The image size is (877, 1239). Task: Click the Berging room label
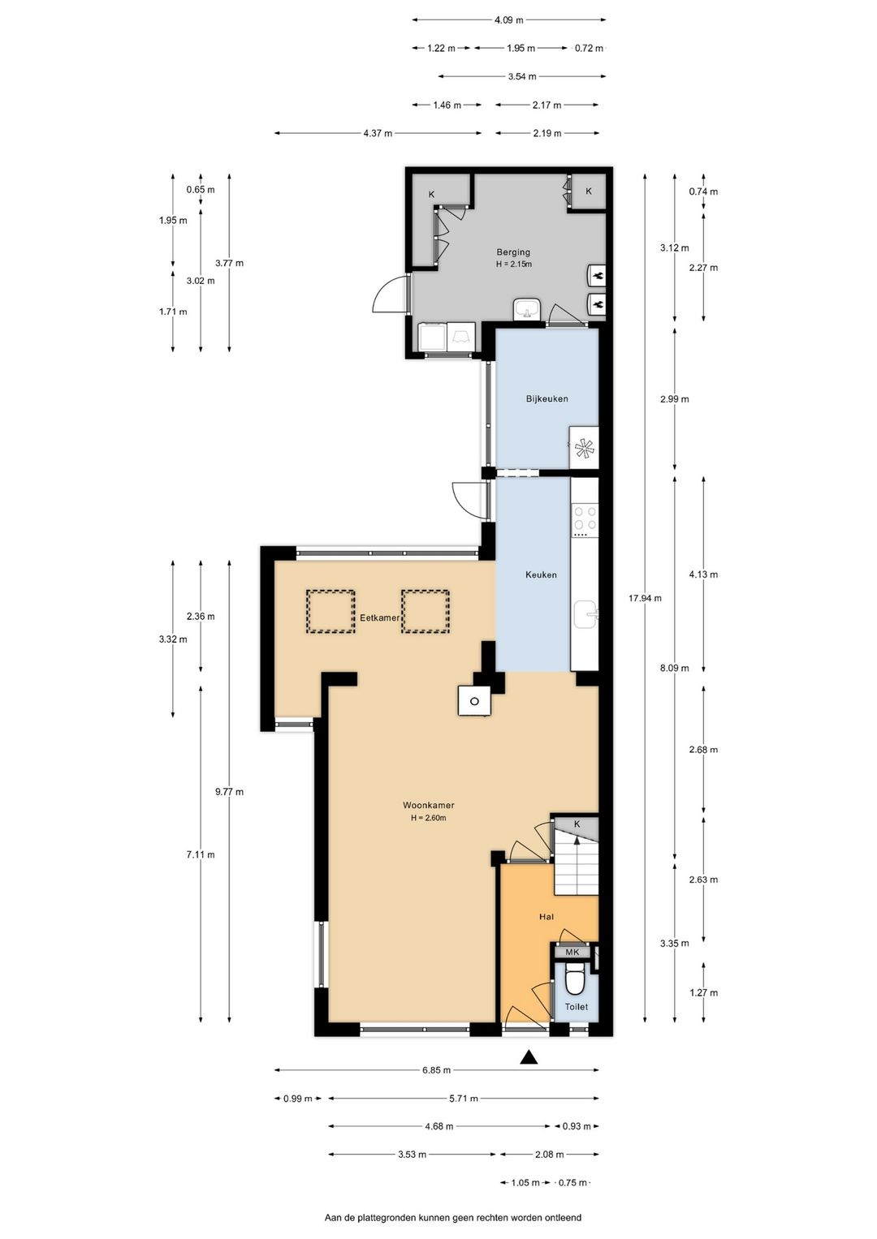(512, 252)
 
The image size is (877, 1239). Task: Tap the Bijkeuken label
(547, 398)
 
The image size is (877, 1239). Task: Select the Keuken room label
(541, 574)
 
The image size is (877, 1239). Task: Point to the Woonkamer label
(429, 806)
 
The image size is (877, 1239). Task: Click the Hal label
(547, 917)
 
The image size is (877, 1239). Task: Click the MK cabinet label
(572, 952)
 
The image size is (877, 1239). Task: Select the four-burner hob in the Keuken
(585, 518)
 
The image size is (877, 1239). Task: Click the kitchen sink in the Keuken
(585, 614)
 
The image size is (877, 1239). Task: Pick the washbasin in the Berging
(527, 308)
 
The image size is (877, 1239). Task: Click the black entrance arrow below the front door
(529, 1056)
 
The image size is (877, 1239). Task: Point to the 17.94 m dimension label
(645, 598)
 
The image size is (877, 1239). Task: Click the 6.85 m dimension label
(436, 1070)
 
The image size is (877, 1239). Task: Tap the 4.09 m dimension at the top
(508, 20)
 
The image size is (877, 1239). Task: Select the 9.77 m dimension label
(229, 792)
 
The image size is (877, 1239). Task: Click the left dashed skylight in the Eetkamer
(330, 611)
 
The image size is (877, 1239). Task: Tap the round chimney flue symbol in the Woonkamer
(474, 701)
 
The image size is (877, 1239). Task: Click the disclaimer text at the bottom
(453, 1217)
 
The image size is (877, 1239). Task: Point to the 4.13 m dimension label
(703, 574)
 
